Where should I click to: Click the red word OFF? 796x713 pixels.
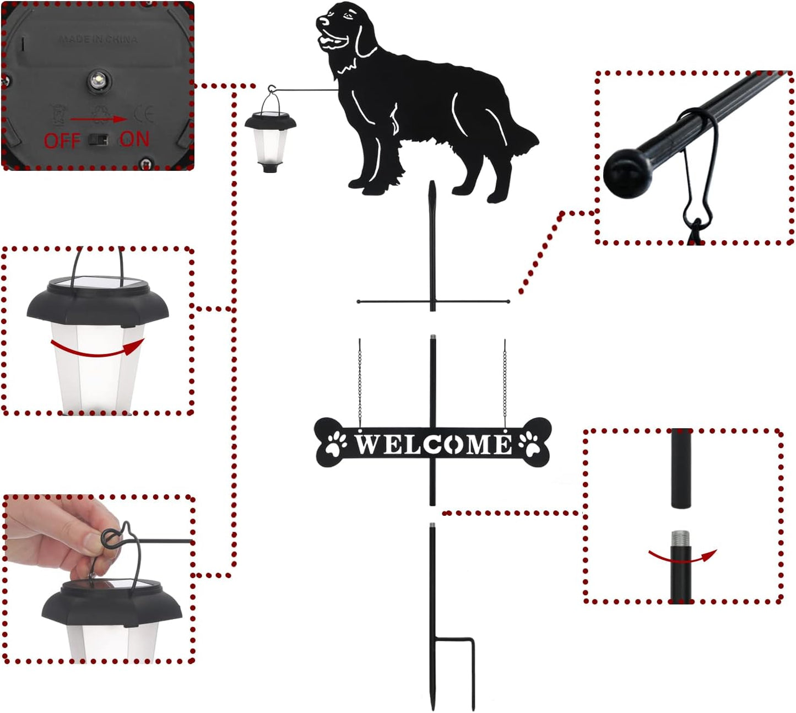click(x=62, y=141)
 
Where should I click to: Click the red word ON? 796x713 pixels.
click(x=134, y=139)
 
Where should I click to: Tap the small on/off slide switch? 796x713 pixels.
click(x=99, y=139)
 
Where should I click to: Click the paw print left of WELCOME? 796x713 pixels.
click(x=336, y=442)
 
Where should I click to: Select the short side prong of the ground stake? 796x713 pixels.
click(x=473, y=672)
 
